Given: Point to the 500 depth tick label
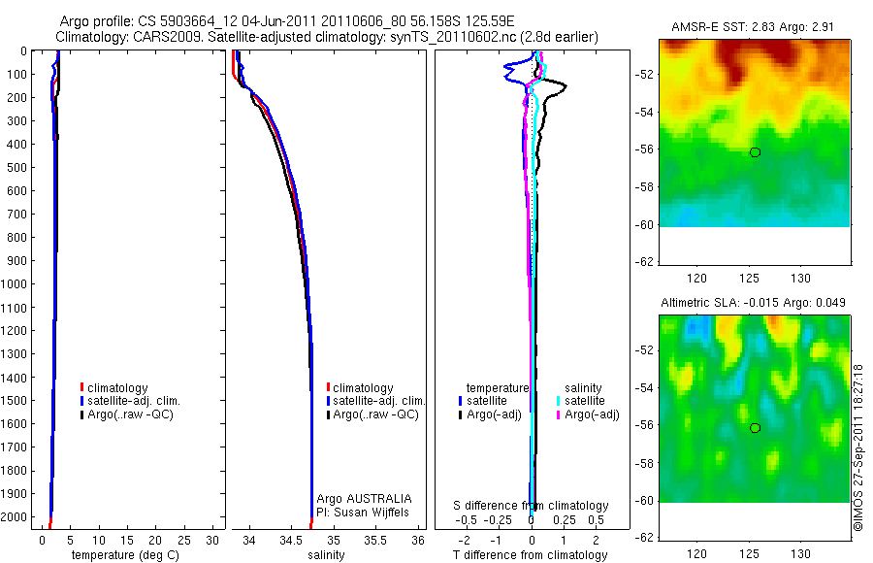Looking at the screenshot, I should click(17, 168).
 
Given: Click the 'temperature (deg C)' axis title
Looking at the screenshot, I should click(121, 555).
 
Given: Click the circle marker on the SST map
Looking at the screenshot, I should click(755, 152).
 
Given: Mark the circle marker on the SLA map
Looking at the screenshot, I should click(755, 428).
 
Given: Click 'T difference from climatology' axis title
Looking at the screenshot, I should click(532, 555).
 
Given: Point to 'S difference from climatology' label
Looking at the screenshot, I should click(532, 506).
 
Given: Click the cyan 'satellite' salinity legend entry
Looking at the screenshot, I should click(581, 401).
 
